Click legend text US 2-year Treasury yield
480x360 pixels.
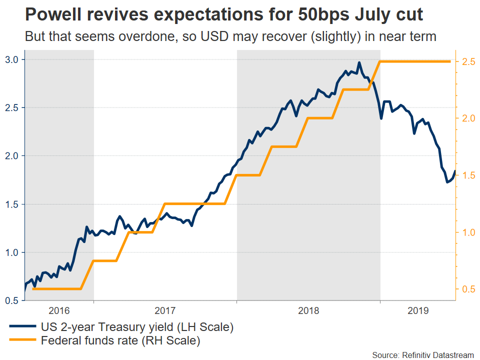(x=137, y=328)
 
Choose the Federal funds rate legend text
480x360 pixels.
(x=120, y=341)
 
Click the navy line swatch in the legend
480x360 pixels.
(x=23, y=328)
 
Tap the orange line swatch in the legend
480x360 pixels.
(x=23, y=341)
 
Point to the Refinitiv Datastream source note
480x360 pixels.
(x=422, y=354)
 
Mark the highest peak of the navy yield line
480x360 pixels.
(x=359, y=62)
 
